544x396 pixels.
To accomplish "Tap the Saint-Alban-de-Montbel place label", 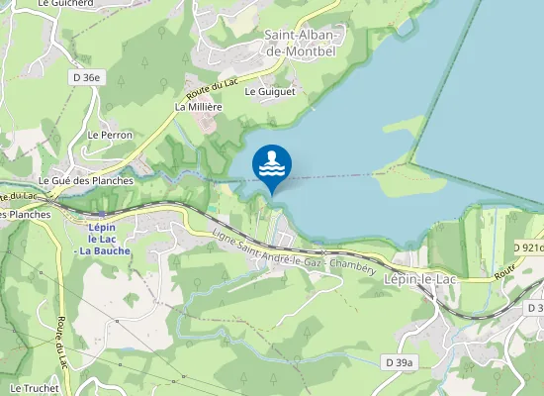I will tap(302, 42).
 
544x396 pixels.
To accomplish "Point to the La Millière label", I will tap(197, 106).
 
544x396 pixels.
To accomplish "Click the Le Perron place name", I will tap(110, 135).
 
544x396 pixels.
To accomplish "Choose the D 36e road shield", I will tap(87, 76).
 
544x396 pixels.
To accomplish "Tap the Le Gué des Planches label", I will tap(85, 182).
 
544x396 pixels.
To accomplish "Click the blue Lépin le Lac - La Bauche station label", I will tap(103, 239).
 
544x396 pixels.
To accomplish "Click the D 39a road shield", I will tap(399, 363).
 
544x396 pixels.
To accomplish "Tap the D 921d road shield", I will tap(529, 247).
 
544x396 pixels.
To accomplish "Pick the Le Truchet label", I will tap(30, 388).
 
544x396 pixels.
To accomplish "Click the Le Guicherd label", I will tap(58, 4).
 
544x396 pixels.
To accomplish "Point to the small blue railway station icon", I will tap(102, 212).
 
